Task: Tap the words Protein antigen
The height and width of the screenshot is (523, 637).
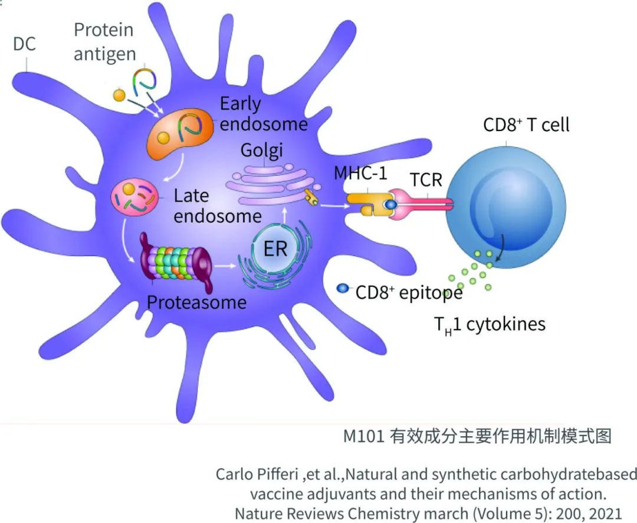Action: tap(104, 41)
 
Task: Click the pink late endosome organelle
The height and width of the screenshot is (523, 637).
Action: tap(134, 196)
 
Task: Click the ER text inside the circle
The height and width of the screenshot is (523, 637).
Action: tap(275, 249)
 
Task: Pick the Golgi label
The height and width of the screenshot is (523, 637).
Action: tap(261, 151)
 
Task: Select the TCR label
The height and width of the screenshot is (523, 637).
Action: tap(426, 179)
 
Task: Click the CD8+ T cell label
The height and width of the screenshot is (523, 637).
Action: tap(526, 125)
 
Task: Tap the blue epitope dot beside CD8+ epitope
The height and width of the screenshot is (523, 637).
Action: tap(343, 289)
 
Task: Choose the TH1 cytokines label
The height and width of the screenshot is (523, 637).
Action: tap(490, 324)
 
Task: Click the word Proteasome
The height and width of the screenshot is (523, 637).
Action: tap(196, 302)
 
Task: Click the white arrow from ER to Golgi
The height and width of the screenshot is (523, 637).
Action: tap(285, 214)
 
